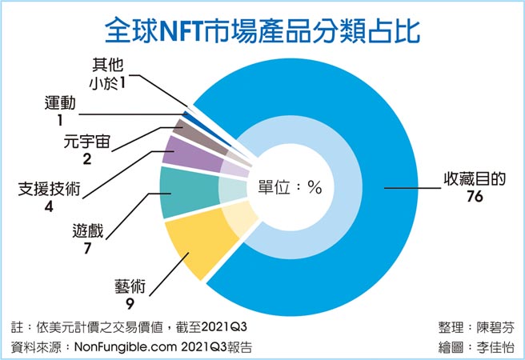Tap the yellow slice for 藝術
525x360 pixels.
[x=189, y=247]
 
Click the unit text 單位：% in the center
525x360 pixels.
[x=290, y=188]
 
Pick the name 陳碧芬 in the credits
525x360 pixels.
[x=495, y=327]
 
